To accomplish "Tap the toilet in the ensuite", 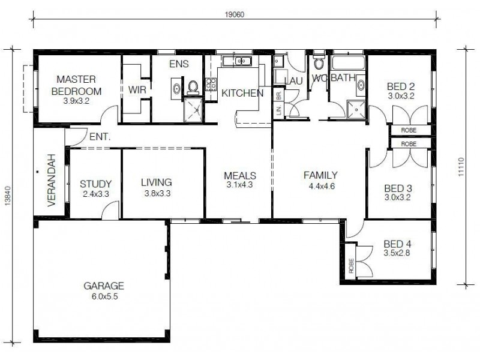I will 193,88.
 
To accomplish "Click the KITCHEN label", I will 242,93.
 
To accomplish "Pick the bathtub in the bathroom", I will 347,64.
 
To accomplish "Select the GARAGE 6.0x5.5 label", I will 104,290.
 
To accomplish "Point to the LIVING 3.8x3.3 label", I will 157,187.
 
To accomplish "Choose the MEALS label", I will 240,176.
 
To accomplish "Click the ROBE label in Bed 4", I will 351,265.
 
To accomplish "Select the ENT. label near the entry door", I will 100,137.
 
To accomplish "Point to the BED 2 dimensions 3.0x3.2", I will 401,95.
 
